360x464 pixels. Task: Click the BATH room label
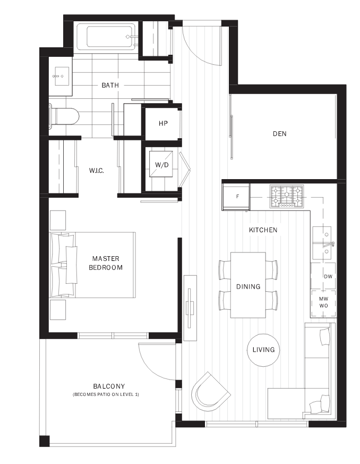110,85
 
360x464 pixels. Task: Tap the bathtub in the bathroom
106,37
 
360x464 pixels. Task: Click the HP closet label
163,123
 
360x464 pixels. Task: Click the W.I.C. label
96,171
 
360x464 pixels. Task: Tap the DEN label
279,134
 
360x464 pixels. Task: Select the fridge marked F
236,197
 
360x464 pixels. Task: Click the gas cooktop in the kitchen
286,196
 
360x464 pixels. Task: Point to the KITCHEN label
263,230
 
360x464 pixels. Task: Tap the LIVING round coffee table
263,350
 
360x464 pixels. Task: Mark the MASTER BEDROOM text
106,263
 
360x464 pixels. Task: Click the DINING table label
248,286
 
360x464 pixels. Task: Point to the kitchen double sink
323,240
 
